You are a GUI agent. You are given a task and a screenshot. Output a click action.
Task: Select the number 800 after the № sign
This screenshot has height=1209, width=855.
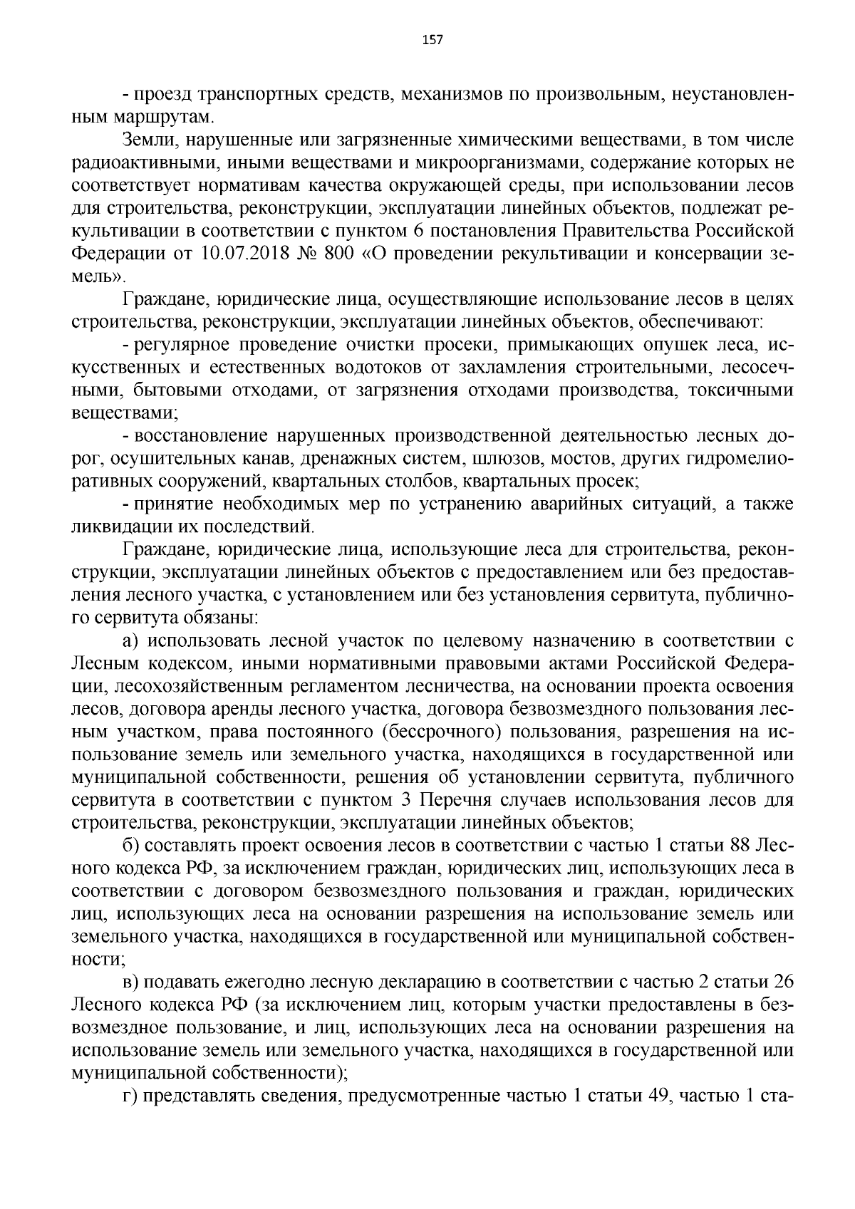point(336,254)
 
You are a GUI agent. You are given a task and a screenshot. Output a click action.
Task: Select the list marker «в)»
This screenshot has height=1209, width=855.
point(132,983)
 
